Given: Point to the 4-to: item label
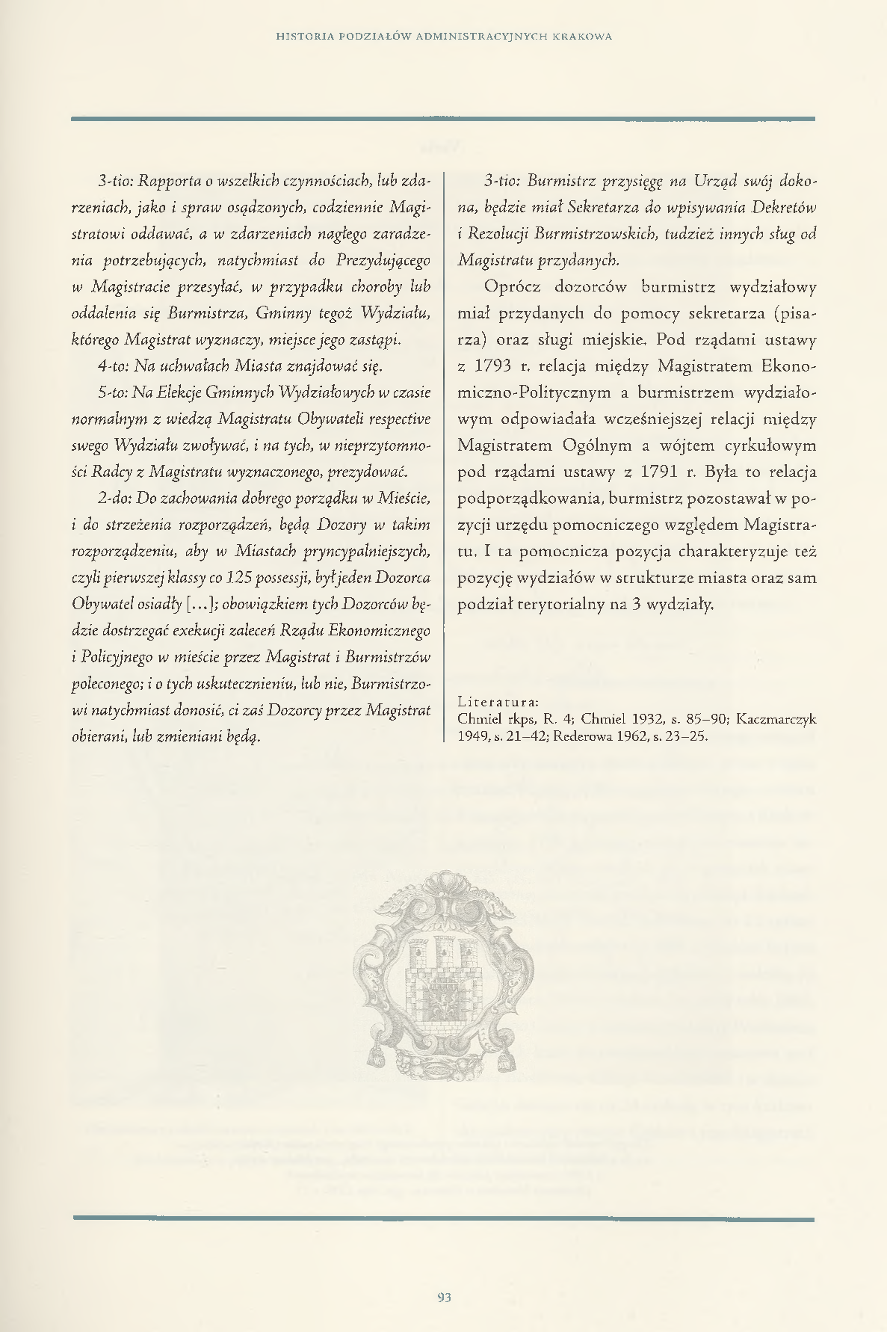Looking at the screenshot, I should [114, 367].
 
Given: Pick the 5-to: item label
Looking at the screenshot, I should [113, 392].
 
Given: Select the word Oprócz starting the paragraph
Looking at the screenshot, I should [513, 287].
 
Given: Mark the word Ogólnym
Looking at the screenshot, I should [593, 446].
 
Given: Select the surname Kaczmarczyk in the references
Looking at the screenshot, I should [776, 719].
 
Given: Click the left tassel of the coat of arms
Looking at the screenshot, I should [374, 1057].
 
